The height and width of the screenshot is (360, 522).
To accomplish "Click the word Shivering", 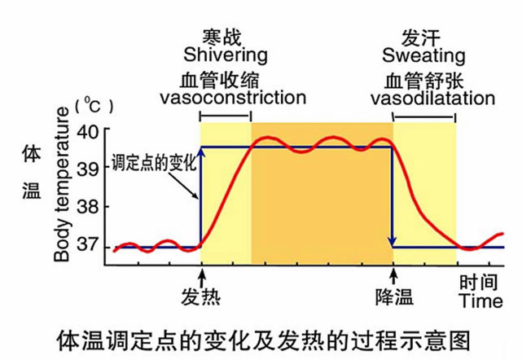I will (x=226, y=55).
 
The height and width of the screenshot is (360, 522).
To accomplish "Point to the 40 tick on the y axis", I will (x=87, y=130).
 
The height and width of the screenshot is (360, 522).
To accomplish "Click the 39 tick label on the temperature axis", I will (x=87, y=169).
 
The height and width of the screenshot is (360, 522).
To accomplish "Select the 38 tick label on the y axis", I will (x=87, y=207).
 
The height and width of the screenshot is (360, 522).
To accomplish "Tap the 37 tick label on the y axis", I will (x=87, y=246).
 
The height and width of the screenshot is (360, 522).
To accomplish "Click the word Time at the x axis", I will (x=480, y=301).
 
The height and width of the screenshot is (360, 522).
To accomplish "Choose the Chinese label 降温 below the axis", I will (x=394, y=295).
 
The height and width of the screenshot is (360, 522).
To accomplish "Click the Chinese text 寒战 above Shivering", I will (x=223, y=37).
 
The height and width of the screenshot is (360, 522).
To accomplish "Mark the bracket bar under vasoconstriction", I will (x=226, y=117).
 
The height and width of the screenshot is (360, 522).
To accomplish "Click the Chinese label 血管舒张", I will (x=420, y=80).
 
